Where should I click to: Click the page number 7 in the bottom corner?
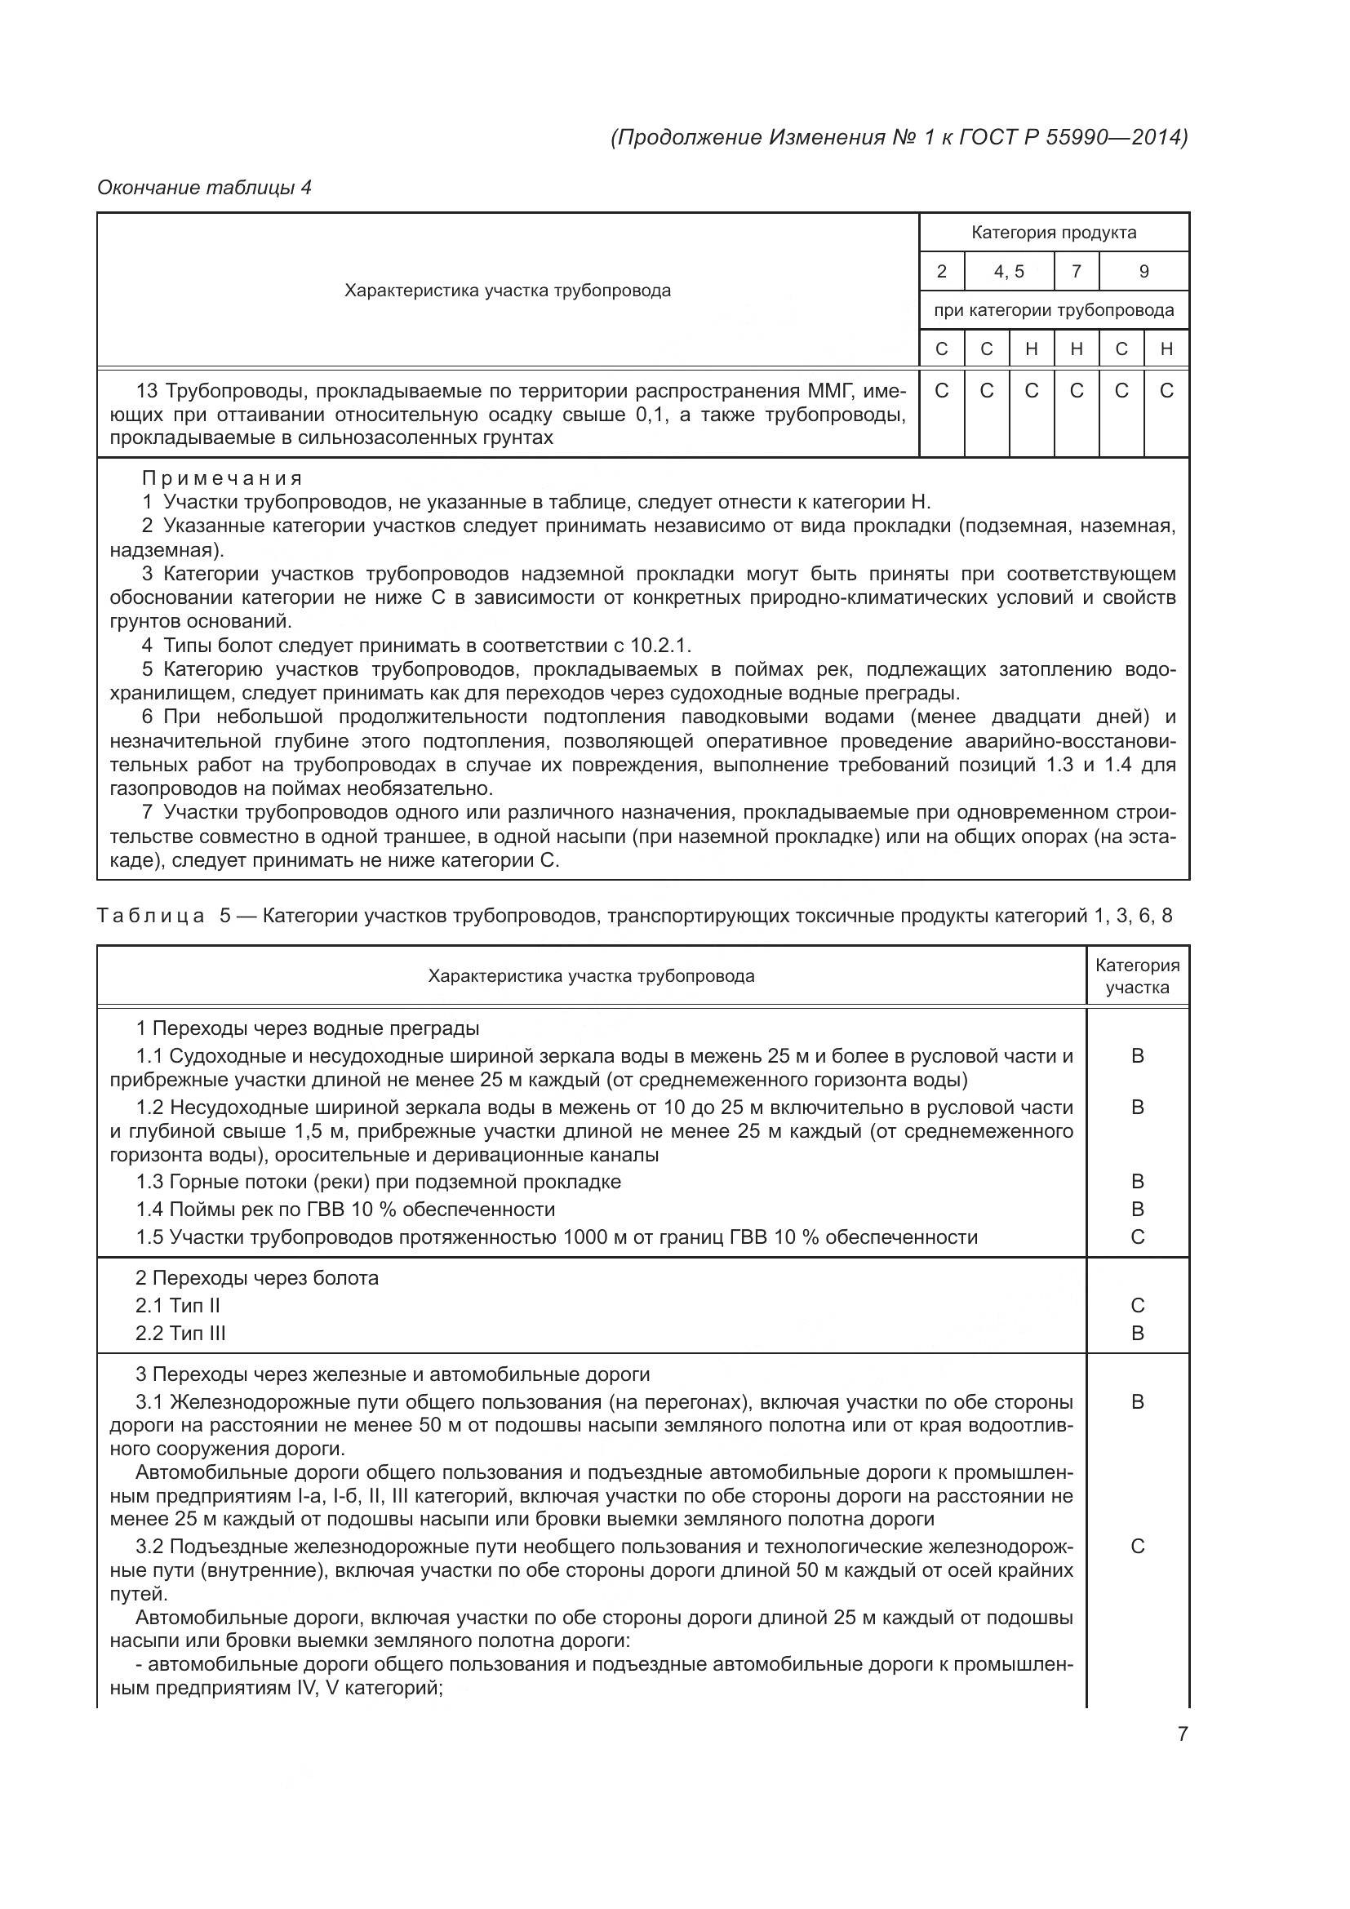(x=1182, y=1734)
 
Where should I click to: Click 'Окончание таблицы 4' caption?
(x=205, y=188)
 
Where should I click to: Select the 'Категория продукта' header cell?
(x=1053, y=233)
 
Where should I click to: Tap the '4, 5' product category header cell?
(x=1008, y=272)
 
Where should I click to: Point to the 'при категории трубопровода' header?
(x=1053, y=311)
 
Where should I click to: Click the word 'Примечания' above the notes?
(x=222, y=479)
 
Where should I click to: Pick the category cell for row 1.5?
(x=1137, y=1237)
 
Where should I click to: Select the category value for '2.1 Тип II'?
(x=1137, y=1305)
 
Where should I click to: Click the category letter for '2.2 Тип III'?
(x=1137, y=1334)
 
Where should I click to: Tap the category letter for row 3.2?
(x=1137, y=1547)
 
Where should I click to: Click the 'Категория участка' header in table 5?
(x=1137, y=976)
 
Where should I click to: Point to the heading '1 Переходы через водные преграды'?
(x=308, y=1028)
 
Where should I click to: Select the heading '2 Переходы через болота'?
(x=257, y=1278)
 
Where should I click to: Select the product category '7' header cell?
(x=1076, y=272)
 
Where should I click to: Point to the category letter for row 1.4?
(x=1137, y=1210)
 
